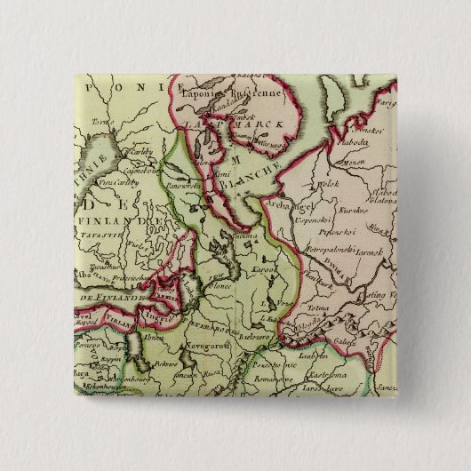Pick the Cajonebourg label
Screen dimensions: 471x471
(135, 166)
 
